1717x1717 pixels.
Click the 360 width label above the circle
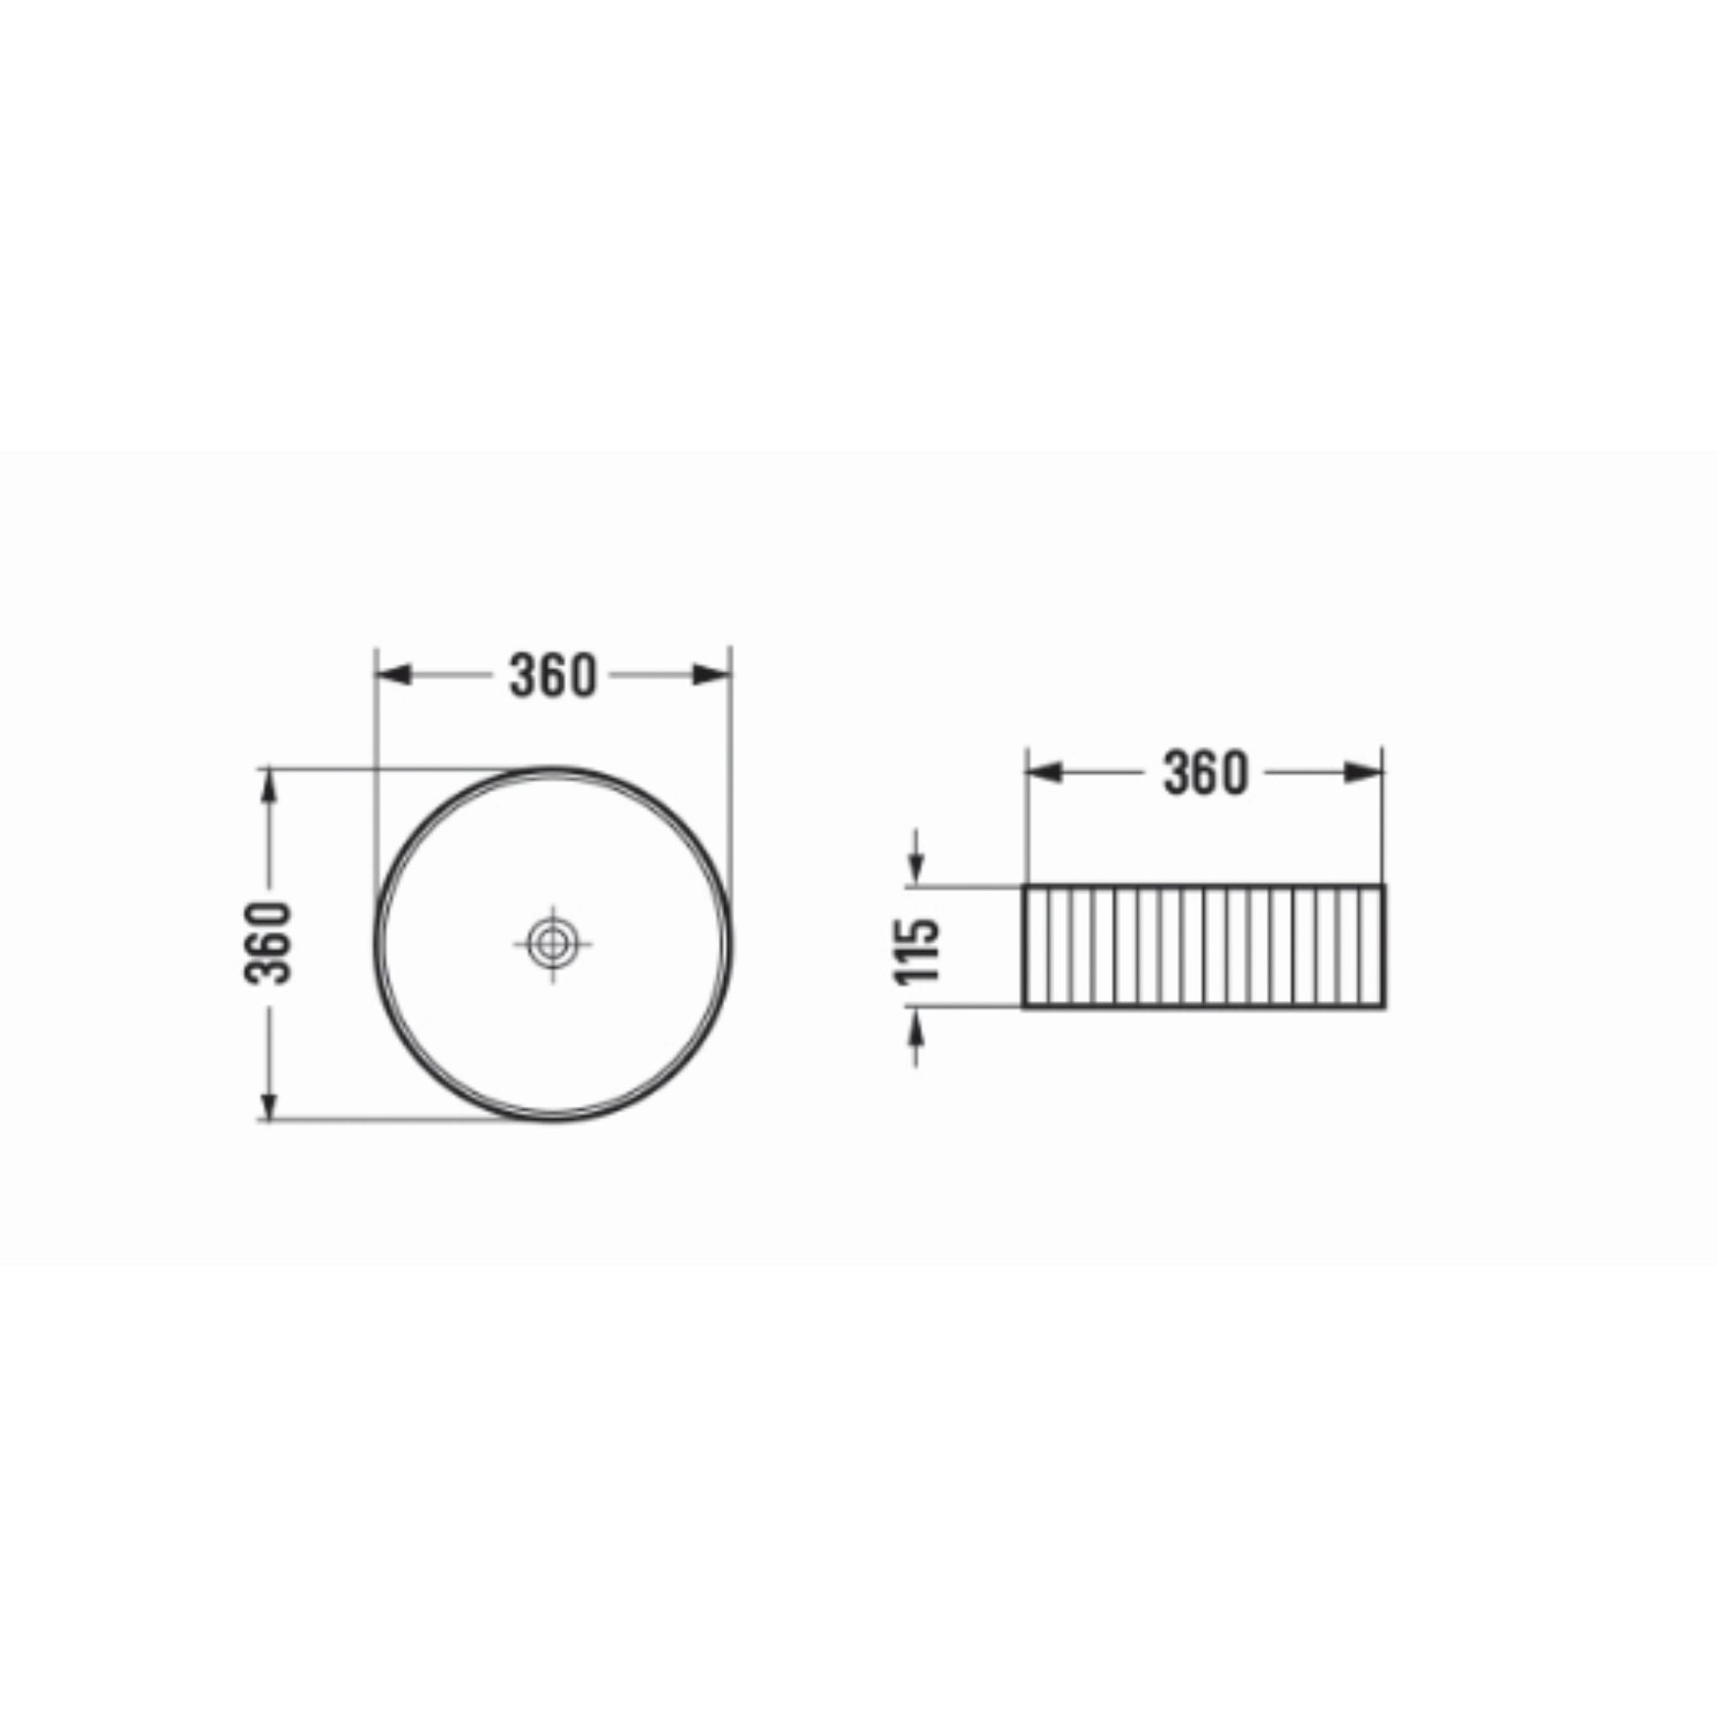[x=552, y=676]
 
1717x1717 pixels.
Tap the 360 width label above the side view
[x=1206, y=773]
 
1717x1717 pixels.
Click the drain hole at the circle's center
[x=552, y=944]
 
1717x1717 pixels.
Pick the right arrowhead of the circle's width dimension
[x=712, y=676]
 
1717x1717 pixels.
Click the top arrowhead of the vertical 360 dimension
[x=268, y=785]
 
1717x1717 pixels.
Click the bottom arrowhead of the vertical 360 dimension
[x=268, y=1104]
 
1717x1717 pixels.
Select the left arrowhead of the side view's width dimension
[x=1045, y=773]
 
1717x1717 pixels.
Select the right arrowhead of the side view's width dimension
[x=1364, y=773]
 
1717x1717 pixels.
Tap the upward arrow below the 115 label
[x=917, y=1027]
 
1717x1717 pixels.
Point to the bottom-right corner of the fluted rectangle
[x=1383, y=1007]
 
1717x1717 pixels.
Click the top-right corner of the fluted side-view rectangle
[x=1383, y=886]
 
